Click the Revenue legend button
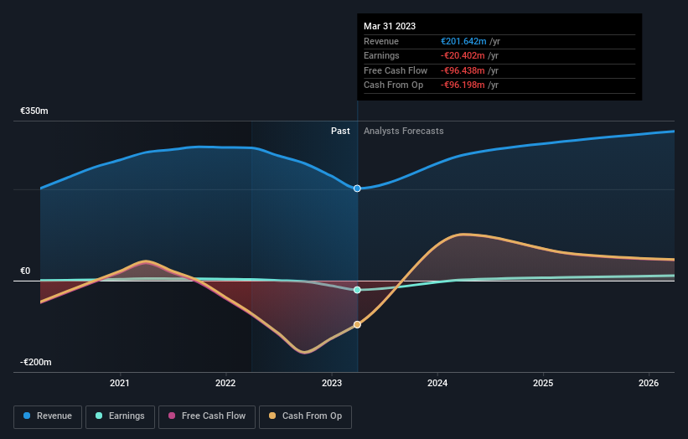[48, 416]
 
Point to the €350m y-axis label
[34, 111]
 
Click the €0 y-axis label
[25, 271]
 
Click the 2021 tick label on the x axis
[121, 383]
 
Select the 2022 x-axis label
[226, 383]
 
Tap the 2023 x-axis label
[332, 383]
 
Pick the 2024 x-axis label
[437, 383]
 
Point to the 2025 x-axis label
[543, 383]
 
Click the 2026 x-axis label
[649, 383]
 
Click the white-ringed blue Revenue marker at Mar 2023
[358, 189]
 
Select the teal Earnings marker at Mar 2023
[358, 290]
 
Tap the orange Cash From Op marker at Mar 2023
[358, 324]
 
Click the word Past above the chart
[340, 131]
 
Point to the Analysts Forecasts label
[403, 131]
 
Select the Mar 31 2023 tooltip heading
[390, 26]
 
